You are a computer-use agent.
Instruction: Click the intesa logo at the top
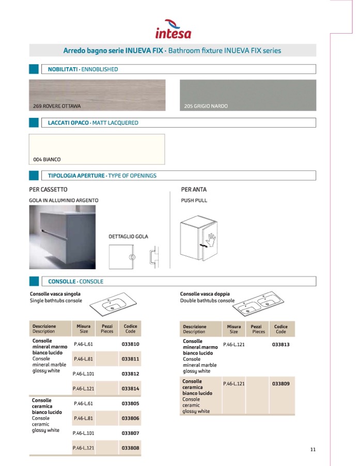(x=173, y=29)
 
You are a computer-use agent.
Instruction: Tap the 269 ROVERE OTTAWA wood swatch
(x=97, y=95)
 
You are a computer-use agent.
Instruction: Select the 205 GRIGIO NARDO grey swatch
(x=247, y=95)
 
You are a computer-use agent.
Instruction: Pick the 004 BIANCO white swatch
(x=97, y=149)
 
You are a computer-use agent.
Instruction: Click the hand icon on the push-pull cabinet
(x=211, y=239)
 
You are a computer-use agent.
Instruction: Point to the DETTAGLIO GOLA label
(x=128, y=237)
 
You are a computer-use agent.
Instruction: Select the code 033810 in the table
(x=131, y=344)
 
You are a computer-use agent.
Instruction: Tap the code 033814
(x=131, y=389)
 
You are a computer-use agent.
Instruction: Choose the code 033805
(x=131, y=403)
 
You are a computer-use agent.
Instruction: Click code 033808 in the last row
(x=131, y=448)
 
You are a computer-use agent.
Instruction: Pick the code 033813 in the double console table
(x=280, y=345)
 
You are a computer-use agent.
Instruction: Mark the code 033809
(x=280, y=384)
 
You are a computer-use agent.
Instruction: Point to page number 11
(x=313, y=449)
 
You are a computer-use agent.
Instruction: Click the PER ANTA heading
(x=194, y=190)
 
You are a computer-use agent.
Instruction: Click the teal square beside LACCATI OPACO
(x=34, y=123)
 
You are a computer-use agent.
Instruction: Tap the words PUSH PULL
(x=194, y=200)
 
